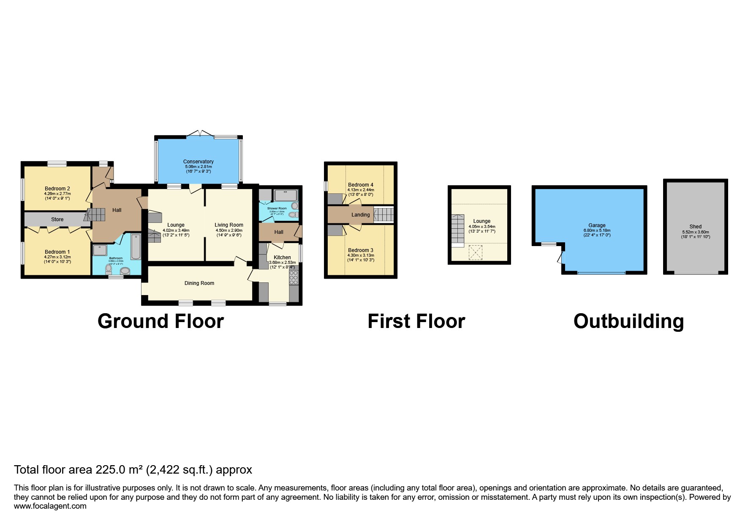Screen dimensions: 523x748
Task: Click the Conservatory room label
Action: point(198,161)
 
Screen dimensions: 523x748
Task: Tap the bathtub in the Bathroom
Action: point(136,247)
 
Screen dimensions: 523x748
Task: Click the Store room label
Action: point(57,219)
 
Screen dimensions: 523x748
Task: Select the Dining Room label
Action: point(199,283)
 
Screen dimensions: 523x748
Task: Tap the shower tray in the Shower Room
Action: point(286,195)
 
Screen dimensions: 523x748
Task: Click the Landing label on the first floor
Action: point(360,215)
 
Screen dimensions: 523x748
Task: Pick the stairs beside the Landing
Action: point(384,214)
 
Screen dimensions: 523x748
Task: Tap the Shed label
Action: point(695,227)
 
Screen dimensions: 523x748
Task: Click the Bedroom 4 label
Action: point(360,185)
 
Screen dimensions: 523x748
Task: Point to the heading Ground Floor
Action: point(160,321)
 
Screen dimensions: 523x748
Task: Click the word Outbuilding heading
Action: point(628,321)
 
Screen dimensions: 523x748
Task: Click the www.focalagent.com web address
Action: point(50,506)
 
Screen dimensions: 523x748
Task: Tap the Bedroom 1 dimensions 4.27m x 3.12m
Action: point(57,257)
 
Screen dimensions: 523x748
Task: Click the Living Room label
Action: point(228,225)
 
